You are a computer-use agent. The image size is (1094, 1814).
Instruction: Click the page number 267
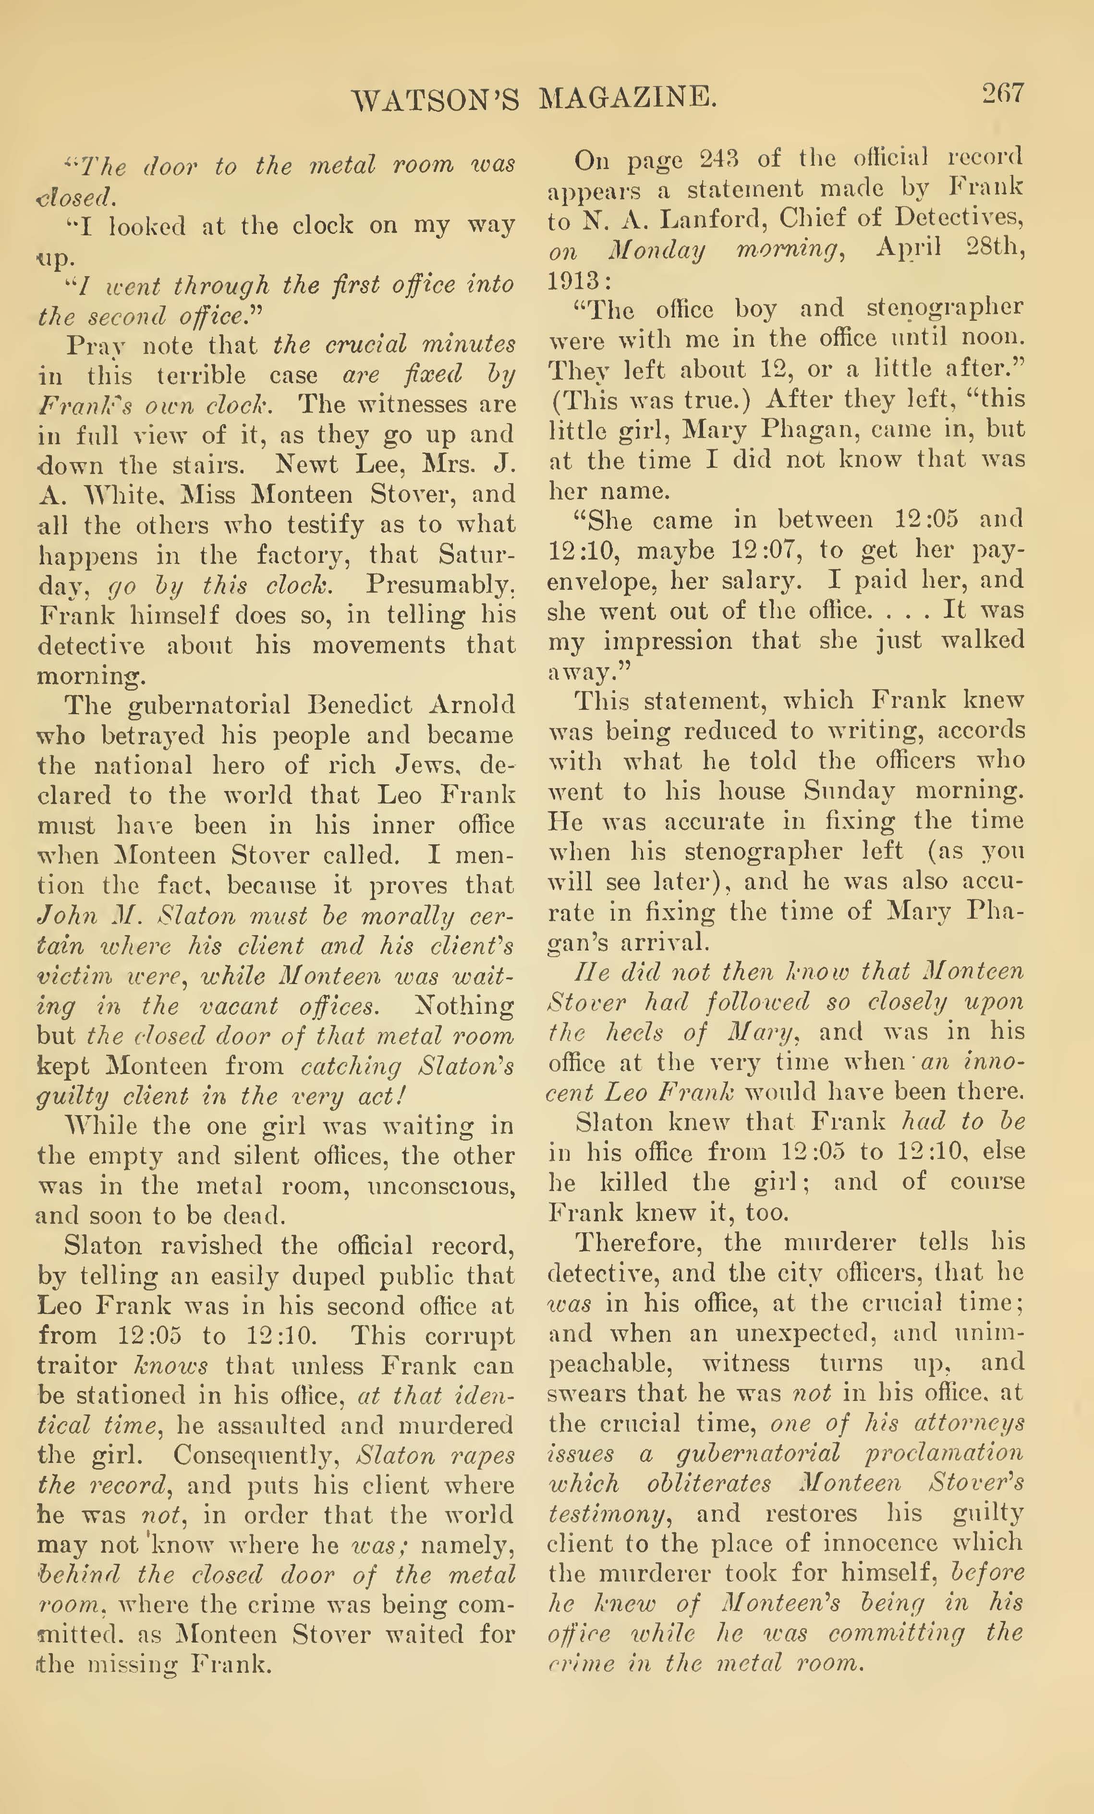coord(1001,94)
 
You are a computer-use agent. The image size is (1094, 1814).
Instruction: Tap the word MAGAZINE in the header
coord(628,98)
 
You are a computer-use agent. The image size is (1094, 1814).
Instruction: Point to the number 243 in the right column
coord(718,158)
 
